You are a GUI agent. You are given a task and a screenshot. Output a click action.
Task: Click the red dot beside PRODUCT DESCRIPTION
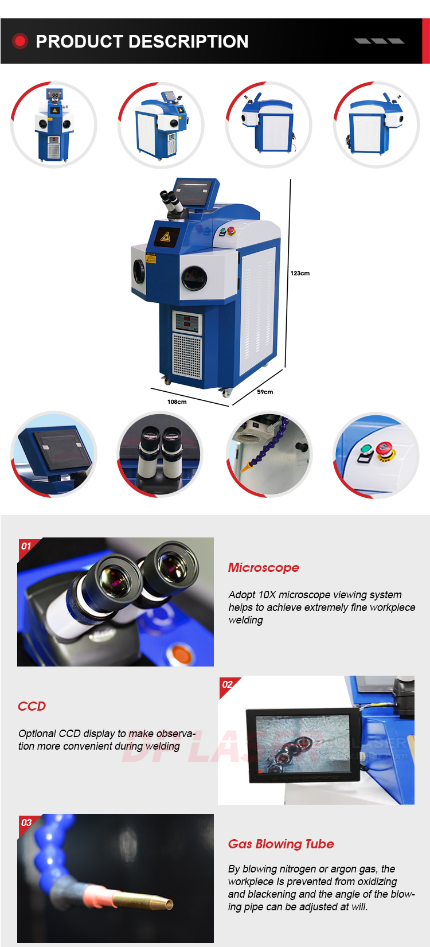20,41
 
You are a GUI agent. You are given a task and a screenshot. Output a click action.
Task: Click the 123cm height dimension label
299,273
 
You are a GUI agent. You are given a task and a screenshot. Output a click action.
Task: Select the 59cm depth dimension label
265,392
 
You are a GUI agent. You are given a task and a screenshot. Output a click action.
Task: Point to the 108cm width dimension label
177,402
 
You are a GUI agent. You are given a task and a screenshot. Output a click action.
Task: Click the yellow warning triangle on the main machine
166,236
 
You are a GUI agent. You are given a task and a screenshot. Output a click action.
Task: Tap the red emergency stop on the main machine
231,231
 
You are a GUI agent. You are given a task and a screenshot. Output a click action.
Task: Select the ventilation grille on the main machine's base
187,356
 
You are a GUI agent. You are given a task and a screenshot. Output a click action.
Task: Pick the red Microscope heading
263,567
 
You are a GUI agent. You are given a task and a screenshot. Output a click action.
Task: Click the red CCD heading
32,706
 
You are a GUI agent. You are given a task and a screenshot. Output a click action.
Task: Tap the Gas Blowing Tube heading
281,844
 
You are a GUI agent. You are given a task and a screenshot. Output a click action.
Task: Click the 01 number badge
26,546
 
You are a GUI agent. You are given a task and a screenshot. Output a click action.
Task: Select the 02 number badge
227,684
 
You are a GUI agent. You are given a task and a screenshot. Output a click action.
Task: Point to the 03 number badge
26,823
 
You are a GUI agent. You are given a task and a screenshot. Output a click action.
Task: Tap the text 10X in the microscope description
267,595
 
